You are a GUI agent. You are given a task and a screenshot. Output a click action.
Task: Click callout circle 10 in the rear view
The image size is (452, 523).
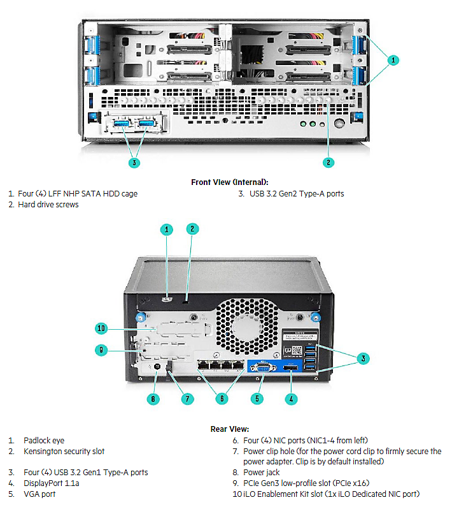tap(100, 328)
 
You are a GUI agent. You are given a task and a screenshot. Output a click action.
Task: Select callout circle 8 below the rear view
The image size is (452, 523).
tap(152, 399)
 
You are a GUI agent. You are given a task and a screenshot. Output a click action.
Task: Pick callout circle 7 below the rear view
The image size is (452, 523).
tap(187, 399)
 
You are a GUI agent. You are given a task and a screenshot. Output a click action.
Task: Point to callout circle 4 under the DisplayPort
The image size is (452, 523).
tap(292, 399)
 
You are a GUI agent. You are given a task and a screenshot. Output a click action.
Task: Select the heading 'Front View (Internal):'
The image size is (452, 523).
tap(230, 182)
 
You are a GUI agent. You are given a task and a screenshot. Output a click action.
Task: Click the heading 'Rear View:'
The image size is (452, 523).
tap(230, 429)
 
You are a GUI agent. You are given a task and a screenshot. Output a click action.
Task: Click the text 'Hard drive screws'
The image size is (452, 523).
tap(48, 205)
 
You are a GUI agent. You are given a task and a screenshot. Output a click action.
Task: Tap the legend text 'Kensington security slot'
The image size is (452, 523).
tap(64, 452)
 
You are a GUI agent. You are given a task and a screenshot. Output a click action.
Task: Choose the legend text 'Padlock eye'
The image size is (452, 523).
tap(44, 441)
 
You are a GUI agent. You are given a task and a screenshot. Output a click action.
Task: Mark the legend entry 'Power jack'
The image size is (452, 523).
tap(262, 473)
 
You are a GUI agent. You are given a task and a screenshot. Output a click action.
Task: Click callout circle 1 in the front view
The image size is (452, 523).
tap(393, 60)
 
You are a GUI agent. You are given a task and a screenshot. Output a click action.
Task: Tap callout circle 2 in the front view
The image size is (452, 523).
tap(328, 162)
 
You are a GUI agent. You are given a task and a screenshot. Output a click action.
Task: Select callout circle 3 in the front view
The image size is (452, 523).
tap(134, 162)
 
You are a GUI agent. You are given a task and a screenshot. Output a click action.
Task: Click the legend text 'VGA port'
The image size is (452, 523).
tap(40, 494)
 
